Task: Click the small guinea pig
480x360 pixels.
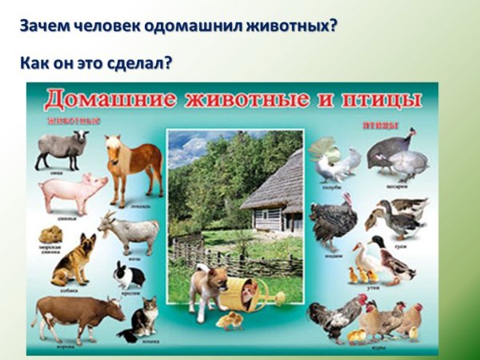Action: click(51, 234)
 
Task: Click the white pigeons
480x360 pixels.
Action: click(336, 164)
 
